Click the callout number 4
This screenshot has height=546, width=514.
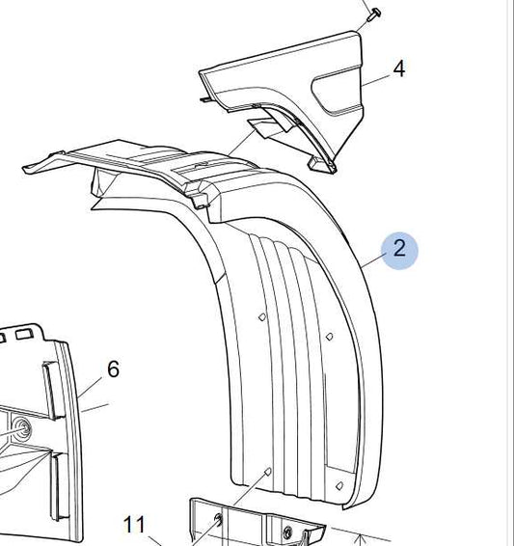[399, 68]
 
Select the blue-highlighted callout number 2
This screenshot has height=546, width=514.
[399, 249]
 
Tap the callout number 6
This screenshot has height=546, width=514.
[113, 369]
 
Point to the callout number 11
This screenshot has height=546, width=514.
[134, 525]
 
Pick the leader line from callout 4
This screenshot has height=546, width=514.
[376, 80]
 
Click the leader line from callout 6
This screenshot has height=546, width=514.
[90, 387]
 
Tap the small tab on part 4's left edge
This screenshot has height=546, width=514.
[206, 100]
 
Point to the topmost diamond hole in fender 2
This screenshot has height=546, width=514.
[262, 316]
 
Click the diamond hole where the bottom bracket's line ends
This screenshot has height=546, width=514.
[268, 472]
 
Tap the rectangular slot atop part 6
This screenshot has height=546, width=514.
[24, 334]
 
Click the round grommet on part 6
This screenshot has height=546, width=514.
[22, 428]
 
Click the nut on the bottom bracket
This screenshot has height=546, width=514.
[287, 532]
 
